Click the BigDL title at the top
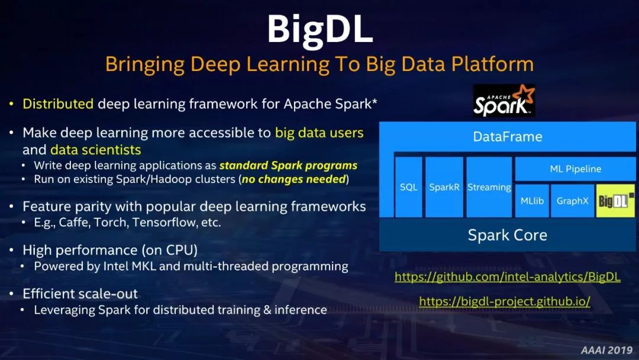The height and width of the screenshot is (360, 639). pos(320,30)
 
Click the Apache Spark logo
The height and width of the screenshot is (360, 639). pos(504,101)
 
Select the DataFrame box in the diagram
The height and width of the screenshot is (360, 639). pos(508,137)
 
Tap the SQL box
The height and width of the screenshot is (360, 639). pos(408,187)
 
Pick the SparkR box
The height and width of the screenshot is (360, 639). pos(444,187)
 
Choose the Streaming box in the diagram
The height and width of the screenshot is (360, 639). pos(489,187)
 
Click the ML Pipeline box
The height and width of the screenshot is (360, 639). pos(575,169)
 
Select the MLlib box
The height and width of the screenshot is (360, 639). pos(532,201)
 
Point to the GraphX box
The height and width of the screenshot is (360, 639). pos(572,201)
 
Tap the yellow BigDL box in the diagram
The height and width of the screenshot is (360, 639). pos(615,201)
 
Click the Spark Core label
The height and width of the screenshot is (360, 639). pos(508,235)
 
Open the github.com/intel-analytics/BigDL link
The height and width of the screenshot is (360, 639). pos(508,277)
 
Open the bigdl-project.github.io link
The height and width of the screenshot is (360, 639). pos(505,301)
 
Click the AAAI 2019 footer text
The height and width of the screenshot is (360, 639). pos(606,350)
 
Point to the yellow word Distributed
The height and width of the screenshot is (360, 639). pos(58,104)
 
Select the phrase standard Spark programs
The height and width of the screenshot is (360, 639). pos(288,166)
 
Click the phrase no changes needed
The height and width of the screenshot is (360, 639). pos(293,179)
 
